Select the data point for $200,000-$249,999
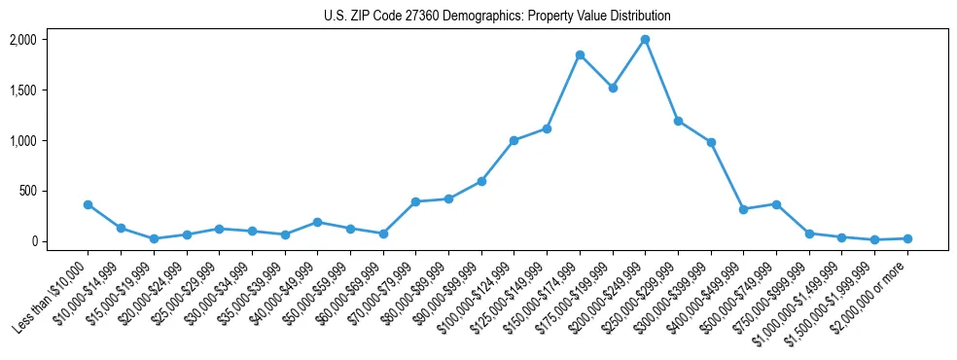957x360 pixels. tap(645, 40)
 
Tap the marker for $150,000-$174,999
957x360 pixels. tap(580, 55)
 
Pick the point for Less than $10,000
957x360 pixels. tap(88, 204)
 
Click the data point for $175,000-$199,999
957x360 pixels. tap(613, 88)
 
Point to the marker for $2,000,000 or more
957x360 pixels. tap(907, 238)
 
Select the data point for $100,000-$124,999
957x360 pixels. tap(514, 140)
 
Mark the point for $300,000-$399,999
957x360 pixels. tap(711, 142)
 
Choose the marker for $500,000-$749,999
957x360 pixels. tap(776, 204)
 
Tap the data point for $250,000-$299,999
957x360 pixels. tap(678, 121)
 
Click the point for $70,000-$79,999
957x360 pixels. tap(415, 201)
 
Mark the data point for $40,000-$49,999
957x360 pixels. tap(317, 222)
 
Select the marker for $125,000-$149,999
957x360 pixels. tap(547, 128)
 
